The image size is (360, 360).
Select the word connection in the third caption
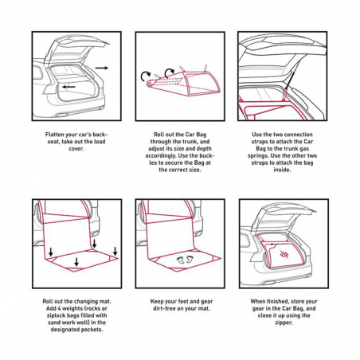pyautogui.click(x=292, y=134)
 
